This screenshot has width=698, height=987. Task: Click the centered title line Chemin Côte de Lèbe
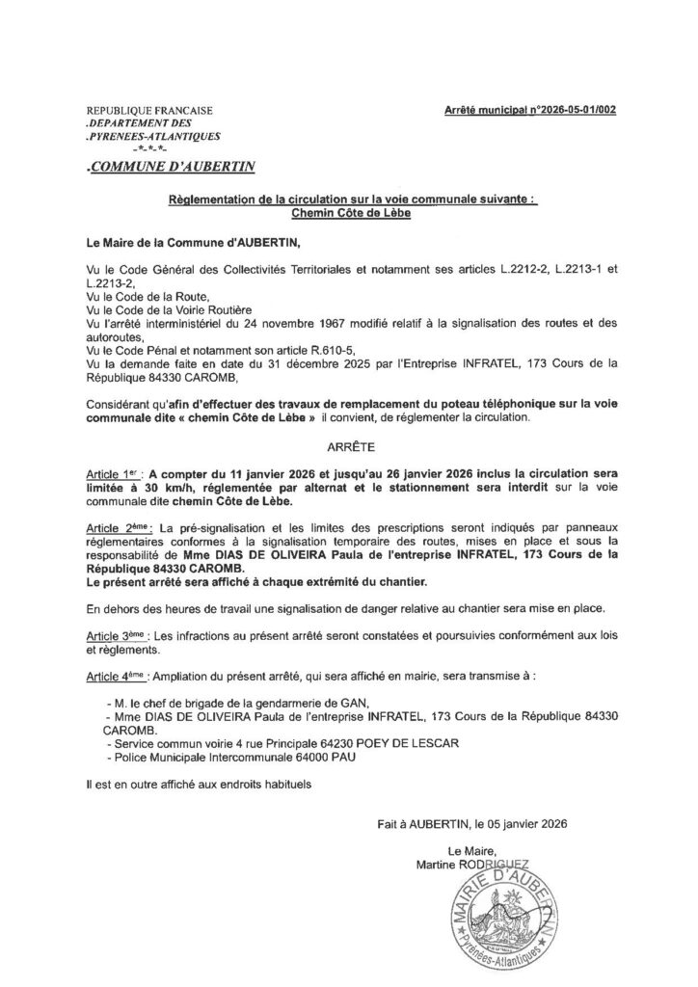tap(348, 212)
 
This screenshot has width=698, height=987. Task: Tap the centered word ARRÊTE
tap(349, 448)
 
